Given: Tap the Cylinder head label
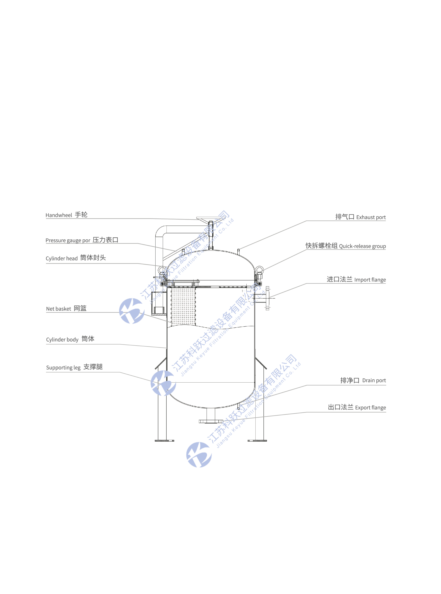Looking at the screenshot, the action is click(76, 258).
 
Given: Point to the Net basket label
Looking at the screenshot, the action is click(66, 308).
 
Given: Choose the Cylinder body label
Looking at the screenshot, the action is click(70, 339).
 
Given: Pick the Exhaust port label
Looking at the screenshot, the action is click(360, 217).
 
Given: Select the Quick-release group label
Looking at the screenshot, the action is click(346, 246).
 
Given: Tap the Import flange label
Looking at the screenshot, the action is click(356, 279).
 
